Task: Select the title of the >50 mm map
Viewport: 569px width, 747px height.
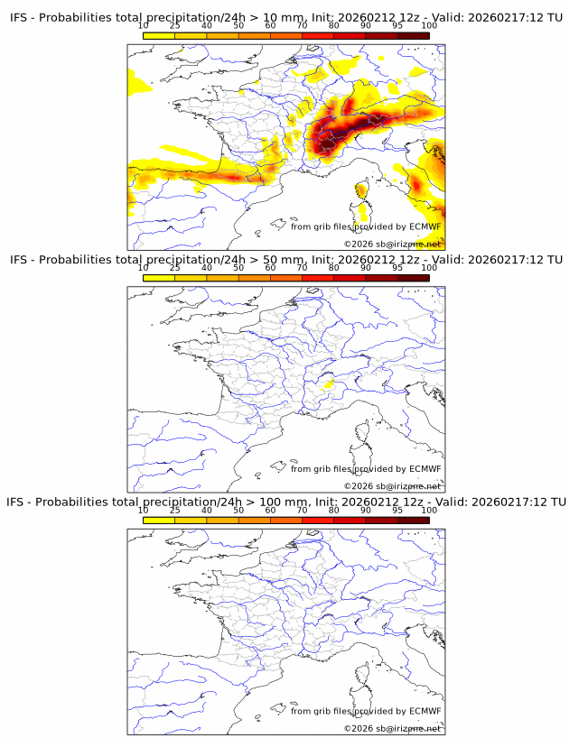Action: pyautogui.click(x=285, y=260)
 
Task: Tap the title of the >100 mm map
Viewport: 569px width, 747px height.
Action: pyautogui.click(x=285, y=502)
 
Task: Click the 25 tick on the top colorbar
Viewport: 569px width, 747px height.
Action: pyautogui.click(x=175, y=26)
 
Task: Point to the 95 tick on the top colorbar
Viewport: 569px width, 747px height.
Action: pyautogui.click(x=397, y=26)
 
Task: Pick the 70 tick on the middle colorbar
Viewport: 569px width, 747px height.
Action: pyautogui.click(x=303, y=268)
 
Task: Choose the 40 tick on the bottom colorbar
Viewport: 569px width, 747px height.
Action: pyautogui.click(x=207, y=510)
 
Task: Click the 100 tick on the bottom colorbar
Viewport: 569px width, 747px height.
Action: pyautogui.click(x=429, y=510)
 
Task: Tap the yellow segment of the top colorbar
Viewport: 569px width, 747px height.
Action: pyautogui.click(x=159, y=36)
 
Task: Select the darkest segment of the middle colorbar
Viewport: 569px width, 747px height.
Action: pyautogui.click(x=413, y=278)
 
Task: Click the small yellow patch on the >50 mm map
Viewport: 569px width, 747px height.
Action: pyautogui.click(x=330, y=385)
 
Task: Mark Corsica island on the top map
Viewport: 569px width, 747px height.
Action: pyautogui.click(x=362, y=195)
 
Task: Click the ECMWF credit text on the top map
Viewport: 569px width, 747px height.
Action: pyautogui.click(x=366, y=226)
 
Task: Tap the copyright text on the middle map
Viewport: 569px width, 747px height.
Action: pyautogui.click(x=392, y=485)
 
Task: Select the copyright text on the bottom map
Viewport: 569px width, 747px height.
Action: pyautogui.click(x=392, y=728)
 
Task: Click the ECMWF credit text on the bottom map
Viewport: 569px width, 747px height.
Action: pyautogui.click(x=366, y=711)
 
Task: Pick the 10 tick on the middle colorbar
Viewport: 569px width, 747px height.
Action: pyautogui.click(x=144, y=268)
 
